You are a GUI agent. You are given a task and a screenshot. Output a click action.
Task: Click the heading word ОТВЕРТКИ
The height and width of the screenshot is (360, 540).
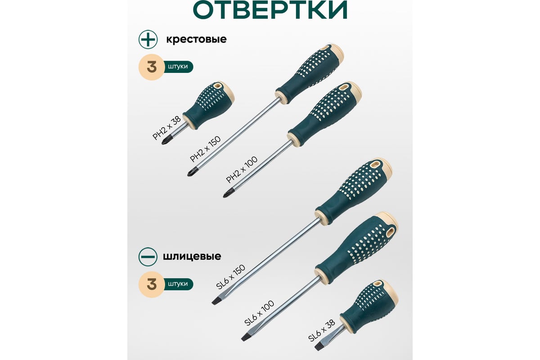coord(270,9)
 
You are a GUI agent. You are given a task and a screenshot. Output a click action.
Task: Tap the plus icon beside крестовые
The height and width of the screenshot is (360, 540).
coord(148,39)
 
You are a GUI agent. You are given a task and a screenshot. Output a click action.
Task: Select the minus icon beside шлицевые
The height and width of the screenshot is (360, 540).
coord(148,256)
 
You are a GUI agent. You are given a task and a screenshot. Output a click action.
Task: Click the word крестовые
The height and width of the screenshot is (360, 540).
coord(196,39)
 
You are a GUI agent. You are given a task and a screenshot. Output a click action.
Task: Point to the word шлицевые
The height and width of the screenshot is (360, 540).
coord(192,256)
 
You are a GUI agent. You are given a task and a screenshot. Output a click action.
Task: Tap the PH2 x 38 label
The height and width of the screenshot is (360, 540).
coord(167,128)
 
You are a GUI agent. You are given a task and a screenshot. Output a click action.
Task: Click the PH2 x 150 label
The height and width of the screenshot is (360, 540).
coord(205,149)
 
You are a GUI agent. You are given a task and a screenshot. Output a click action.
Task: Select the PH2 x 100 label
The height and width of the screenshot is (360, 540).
coord(242,170)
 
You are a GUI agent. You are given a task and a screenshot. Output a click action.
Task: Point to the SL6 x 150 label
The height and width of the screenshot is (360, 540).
coord(231,277)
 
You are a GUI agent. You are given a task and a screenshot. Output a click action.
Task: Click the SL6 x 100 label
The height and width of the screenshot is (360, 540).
coord(259,313)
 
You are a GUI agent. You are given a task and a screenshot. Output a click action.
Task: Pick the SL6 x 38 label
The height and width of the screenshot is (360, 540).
coord(322,330)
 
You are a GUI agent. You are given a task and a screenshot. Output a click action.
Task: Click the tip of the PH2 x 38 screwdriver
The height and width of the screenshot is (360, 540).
coord(162,144)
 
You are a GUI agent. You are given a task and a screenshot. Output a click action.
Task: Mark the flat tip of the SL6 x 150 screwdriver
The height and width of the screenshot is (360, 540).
coord(214,302)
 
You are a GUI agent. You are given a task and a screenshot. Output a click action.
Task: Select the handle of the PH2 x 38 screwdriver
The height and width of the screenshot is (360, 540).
coord(208,104)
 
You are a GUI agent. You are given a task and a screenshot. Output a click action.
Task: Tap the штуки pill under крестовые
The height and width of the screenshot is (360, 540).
coord(178,67)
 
